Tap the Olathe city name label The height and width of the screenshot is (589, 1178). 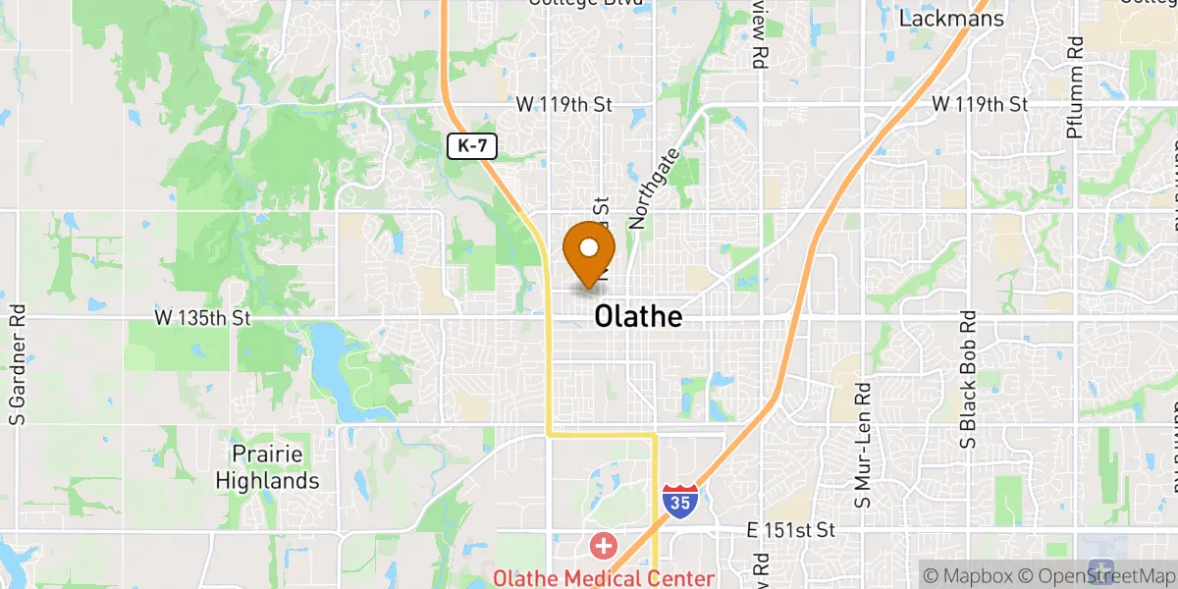point(638,317)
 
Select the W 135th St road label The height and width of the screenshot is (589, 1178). point(203,318)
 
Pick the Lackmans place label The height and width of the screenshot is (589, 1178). point(952,19)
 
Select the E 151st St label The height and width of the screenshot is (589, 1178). point(790,530)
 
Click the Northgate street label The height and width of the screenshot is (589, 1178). point(655,188)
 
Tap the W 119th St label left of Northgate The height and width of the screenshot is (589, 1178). point(564,104)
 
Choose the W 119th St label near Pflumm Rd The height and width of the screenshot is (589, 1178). point(979,104)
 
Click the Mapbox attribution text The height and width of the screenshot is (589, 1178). point(968,574)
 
